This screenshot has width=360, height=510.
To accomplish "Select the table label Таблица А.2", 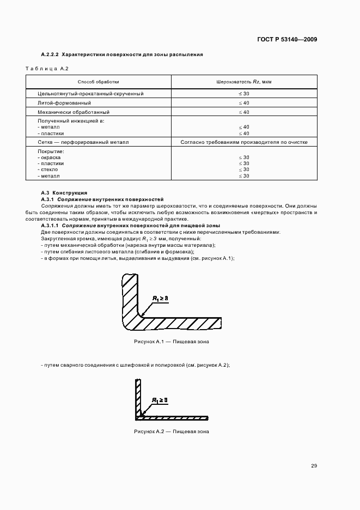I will tap(47, 69).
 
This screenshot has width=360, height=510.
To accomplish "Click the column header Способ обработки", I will tap(99, 82).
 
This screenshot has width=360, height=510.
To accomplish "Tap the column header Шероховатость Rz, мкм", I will tap(244, 82).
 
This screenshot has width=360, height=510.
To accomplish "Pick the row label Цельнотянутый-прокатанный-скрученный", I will tap(90, 94).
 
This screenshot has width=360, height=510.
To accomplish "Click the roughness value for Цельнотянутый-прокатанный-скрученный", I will tap(244, 94).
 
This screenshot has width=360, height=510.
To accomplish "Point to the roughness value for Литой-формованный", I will tap(244, 103).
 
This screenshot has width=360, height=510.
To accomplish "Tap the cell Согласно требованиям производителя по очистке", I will tap(244, 142).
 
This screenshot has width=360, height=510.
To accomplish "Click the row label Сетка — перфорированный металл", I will tap(83, 142).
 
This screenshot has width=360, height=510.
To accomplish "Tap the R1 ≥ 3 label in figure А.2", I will tap(160, 400).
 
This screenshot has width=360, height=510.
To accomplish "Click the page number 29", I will tap(314, 466).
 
